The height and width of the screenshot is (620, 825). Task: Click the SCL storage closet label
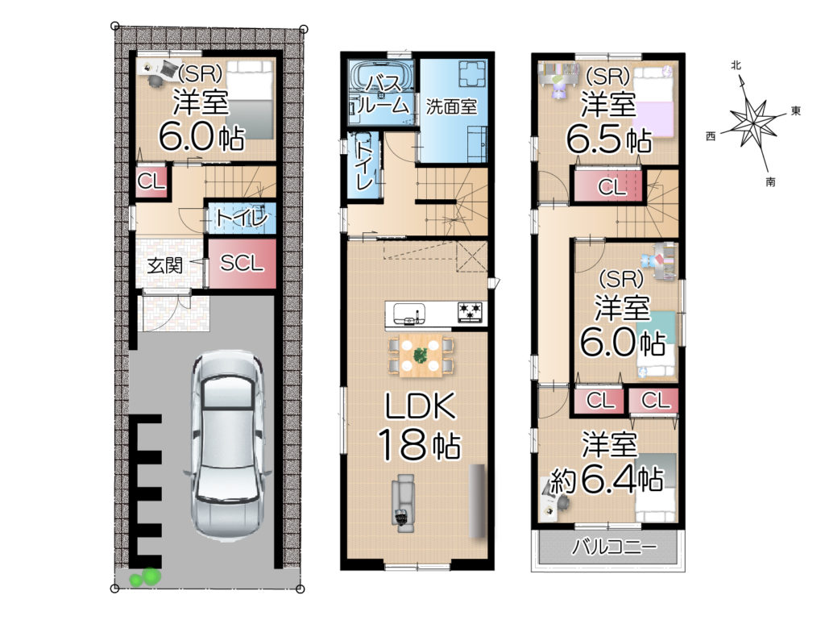pos(242,263)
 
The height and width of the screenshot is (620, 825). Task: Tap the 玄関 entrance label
pos(164,265)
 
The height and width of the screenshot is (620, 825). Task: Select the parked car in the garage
pos(227,445)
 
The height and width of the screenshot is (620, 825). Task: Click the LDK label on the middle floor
pos(420,406)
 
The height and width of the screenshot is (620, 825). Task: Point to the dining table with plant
pos(420,356)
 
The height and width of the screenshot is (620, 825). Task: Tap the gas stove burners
pos(470,311)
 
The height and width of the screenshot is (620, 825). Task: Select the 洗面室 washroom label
pos(451,106)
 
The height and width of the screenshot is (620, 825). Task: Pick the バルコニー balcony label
pos(614,547)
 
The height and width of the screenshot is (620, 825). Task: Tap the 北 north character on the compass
pos(736,64)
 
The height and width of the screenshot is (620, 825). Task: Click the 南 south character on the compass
pos(770,182)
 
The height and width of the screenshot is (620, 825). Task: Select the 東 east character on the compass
pos(796,110)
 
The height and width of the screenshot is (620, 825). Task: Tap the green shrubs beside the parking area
pos(145,576)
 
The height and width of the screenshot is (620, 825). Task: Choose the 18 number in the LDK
pos(401,444)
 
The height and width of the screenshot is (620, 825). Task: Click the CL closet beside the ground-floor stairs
pos(151,181)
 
